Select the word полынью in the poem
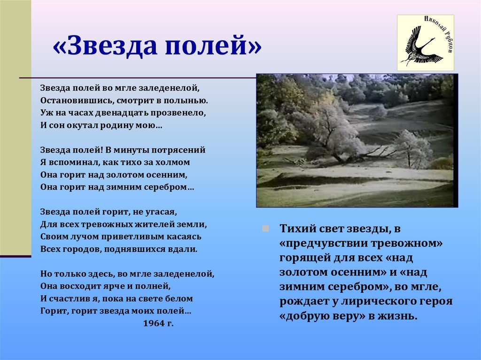(186, 101)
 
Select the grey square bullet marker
(266, 229)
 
